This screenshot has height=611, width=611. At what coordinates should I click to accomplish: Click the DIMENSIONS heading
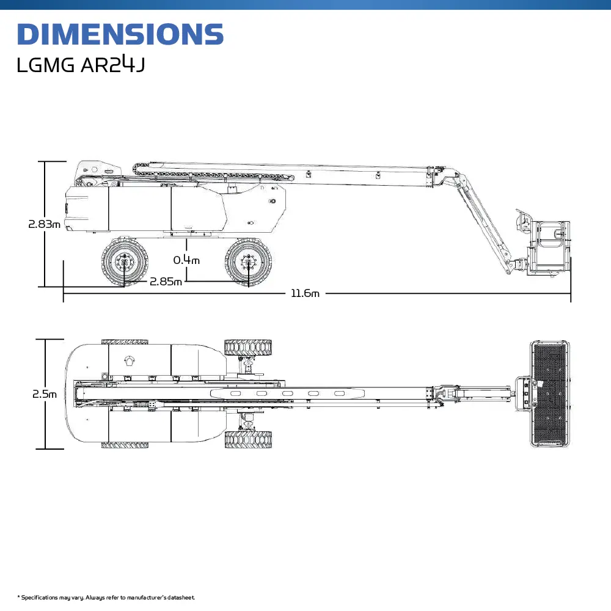(120, 34)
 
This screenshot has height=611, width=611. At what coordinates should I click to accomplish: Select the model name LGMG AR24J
(81, 65)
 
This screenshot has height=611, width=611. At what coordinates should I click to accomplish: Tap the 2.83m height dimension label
(44, 224)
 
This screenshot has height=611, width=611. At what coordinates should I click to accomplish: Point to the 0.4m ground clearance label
(186, 260)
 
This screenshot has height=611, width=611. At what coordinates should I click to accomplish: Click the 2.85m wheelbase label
(166, 282)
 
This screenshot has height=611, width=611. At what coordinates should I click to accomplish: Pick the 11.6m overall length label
(305, 294)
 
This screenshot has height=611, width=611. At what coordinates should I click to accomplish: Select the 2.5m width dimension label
(45, 394)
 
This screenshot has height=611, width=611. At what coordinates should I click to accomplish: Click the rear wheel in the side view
(125, 262)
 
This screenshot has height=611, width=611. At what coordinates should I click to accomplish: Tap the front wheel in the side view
(248, 262)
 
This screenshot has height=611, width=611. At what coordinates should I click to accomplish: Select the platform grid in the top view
(550, 394)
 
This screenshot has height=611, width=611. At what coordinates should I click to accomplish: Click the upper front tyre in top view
(248, 347)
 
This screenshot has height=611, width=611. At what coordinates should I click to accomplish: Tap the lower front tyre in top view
(248, 439)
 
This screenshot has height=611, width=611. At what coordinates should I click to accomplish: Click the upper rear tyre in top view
(125, 342)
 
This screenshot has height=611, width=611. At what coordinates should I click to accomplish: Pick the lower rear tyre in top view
(125, 445)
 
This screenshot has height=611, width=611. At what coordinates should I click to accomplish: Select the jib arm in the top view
(483, 391)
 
